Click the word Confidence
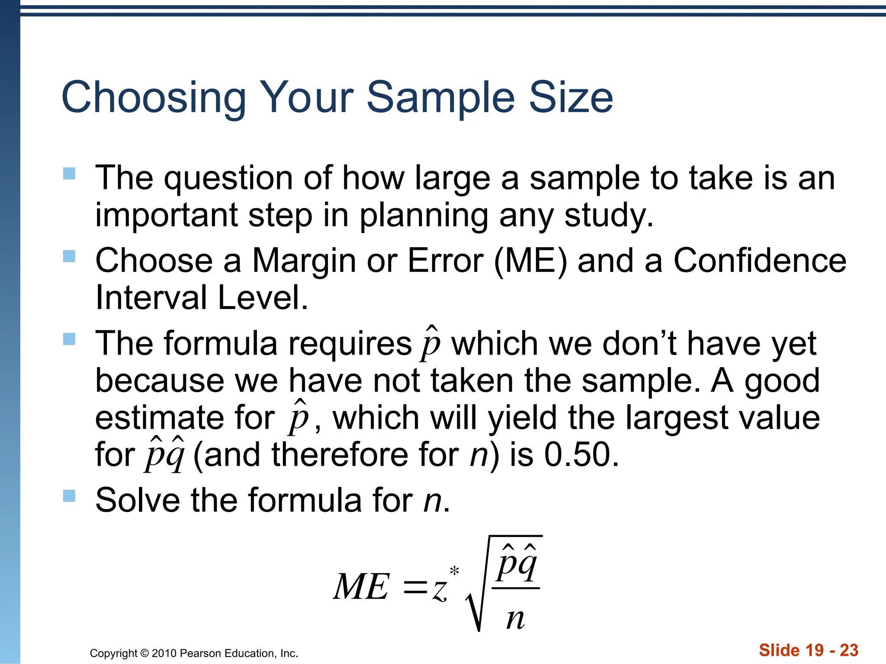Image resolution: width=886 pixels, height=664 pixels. point(760,261)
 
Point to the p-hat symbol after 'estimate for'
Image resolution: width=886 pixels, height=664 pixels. point(299,418)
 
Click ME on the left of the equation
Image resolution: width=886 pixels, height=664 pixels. point(361,587)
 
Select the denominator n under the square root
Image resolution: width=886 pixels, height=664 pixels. point(515,619)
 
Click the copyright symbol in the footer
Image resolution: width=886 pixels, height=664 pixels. point(145,653)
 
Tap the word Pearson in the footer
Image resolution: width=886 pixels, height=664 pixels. point(198,653)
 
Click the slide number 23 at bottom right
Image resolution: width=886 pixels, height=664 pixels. point(849,650)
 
